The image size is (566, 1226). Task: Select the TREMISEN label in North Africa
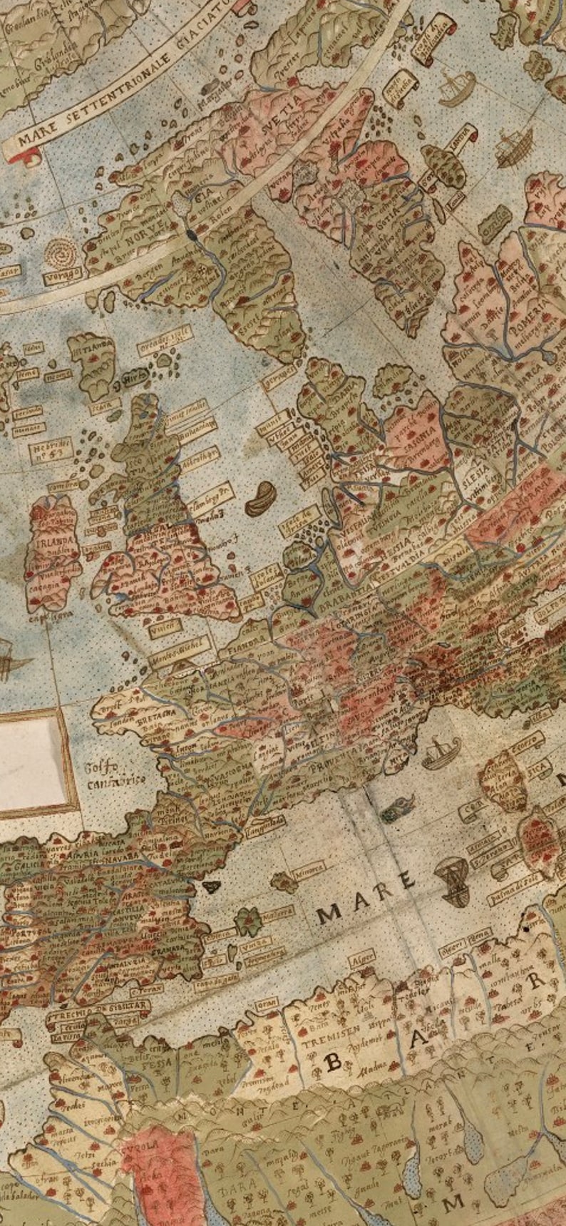(x=329, y=1042)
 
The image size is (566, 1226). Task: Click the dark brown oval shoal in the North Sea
(x=261, y=497)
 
